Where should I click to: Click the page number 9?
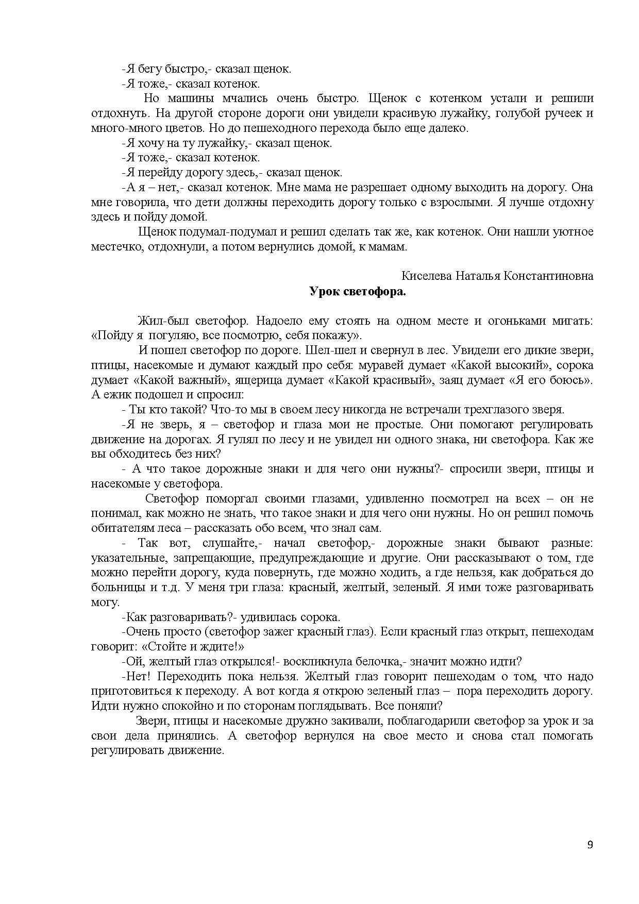(590, 845)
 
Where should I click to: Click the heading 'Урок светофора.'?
(358, 291)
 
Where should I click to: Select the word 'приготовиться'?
(130, 691)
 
